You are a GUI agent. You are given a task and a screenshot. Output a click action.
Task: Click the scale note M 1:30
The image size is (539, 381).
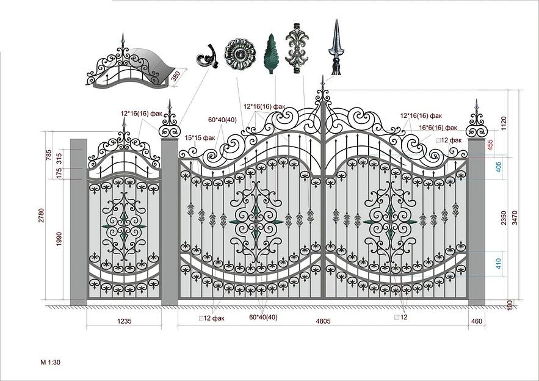50,362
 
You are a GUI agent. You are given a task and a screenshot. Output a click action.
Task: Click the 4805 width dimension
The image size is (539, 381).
323,321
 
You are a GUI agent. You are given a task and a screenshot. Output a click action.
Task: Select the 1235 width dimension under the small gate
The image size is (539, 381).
125,321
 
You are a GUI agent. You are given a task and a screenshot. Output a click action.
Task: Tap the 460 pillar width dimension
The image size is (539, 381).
477,321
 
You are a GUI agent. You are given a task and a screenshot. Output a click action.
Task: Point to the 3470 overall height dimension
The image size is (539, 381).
515,217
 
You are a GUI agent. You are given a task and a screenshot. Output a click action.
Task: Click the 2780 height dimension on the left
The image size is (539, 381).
42,216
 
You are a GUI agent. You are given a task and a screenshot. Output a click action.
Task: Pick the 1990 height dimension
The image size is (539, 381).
59,239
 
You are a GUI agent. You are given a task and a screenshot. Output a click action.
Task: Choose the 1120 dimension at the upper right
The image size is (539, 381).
504,123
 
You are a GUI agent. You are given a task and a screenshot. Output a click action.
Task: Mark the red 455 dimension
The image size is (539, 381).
490,144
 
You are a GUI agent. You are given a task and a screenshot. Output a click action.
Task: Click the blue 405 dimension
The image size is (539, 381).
499,167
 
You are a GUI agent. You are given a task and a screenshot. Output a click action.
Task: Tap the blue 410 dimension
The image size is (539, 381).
499,264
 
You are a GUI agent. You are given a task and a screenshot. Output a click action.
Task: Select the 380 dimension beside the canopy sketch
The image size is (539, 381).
176,76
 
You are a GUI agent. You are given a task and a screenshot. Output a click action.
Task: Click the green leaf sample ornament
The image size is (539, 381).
271,53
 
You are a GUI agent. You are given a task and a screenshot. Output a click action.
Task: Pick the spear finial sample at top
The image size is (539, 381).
336,47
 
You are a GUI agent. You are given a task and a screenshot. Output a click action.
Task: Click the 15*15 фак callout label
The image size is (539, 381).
200,138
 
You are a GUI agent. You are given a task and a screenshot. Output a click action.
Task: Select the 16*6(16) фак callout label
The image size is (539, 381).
438,128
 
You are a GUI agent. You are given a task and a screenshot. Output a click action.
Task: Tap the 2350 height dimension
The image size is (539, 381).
504,218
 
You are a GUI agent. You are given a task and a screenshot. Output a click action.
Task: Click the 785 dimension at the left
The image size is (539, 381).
48,155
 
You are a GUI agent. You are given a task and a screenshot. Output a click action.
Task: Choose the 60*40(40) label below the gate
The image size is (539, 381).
263,317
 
